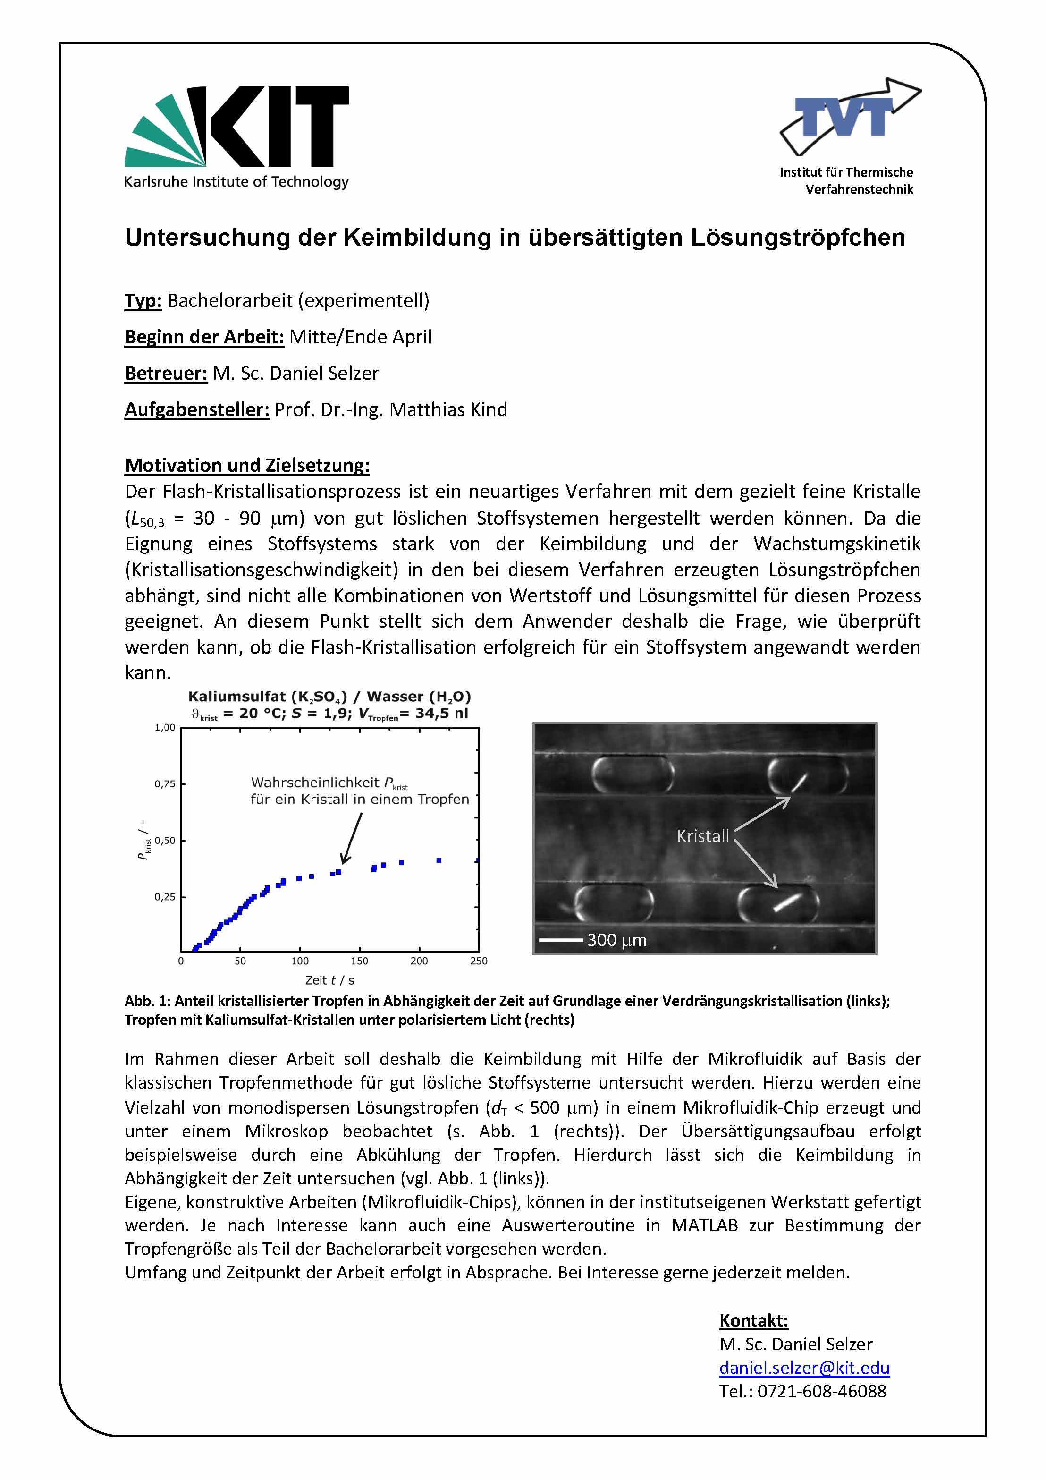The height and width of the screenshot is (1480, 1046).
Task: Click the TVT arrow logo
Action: tap(850, 116)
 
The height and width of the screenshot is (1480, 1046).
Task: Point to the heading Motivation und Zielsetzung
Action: tap(247, 466)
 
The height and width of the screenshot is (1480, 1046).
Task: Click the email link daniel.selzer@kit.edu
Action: tap(804, 1367)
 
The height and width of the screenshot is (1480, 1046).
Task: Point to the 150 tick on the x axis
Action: tap(359, 961)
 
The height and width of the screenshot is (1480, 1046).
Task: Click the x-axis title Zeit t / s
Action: tap(329, 980)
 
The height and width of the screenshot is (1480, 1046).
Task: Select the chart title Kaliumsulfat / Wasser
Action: tap(329, 697)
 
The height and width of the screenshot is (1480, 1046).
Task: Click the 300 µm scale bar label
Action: tap(616, 941)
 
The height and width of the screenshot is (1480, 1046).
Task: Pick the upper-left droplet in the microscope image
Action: tap(632, 774)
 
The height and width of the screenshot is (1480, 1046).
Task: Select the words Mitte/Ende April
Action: tap(360, 337)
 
